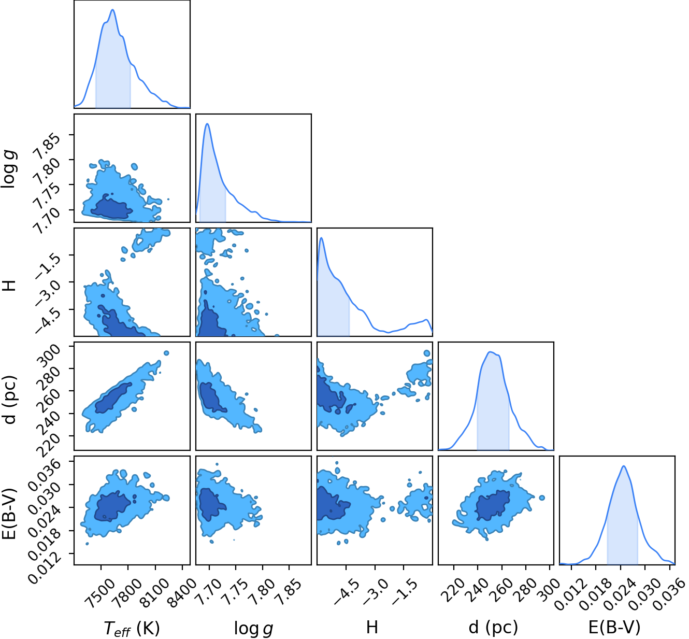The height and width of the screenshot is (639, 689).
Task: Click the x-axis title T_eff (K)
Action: [x=132, y=628]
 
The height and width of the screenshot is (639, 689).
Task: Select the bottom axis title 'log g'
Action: [x=254, y=628]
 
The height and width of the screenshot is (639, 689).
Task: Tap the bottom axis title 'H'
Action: [x=372, y=627]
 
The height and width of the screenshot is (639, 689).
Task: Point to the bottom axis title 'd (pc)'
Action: [x=493, y=628]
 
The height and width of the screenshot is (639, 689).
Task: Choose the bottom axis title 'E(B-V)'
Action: [x=614, y=628]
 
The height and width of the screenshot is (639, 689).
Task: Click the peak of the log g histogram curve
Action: [x=207, y=123]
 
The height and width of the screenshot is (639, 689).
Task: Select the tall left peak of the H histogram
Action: [x=322, y=238]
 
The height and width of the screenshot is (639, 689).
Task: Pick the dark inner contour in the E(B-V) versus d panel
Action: [x=493, y=505]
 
